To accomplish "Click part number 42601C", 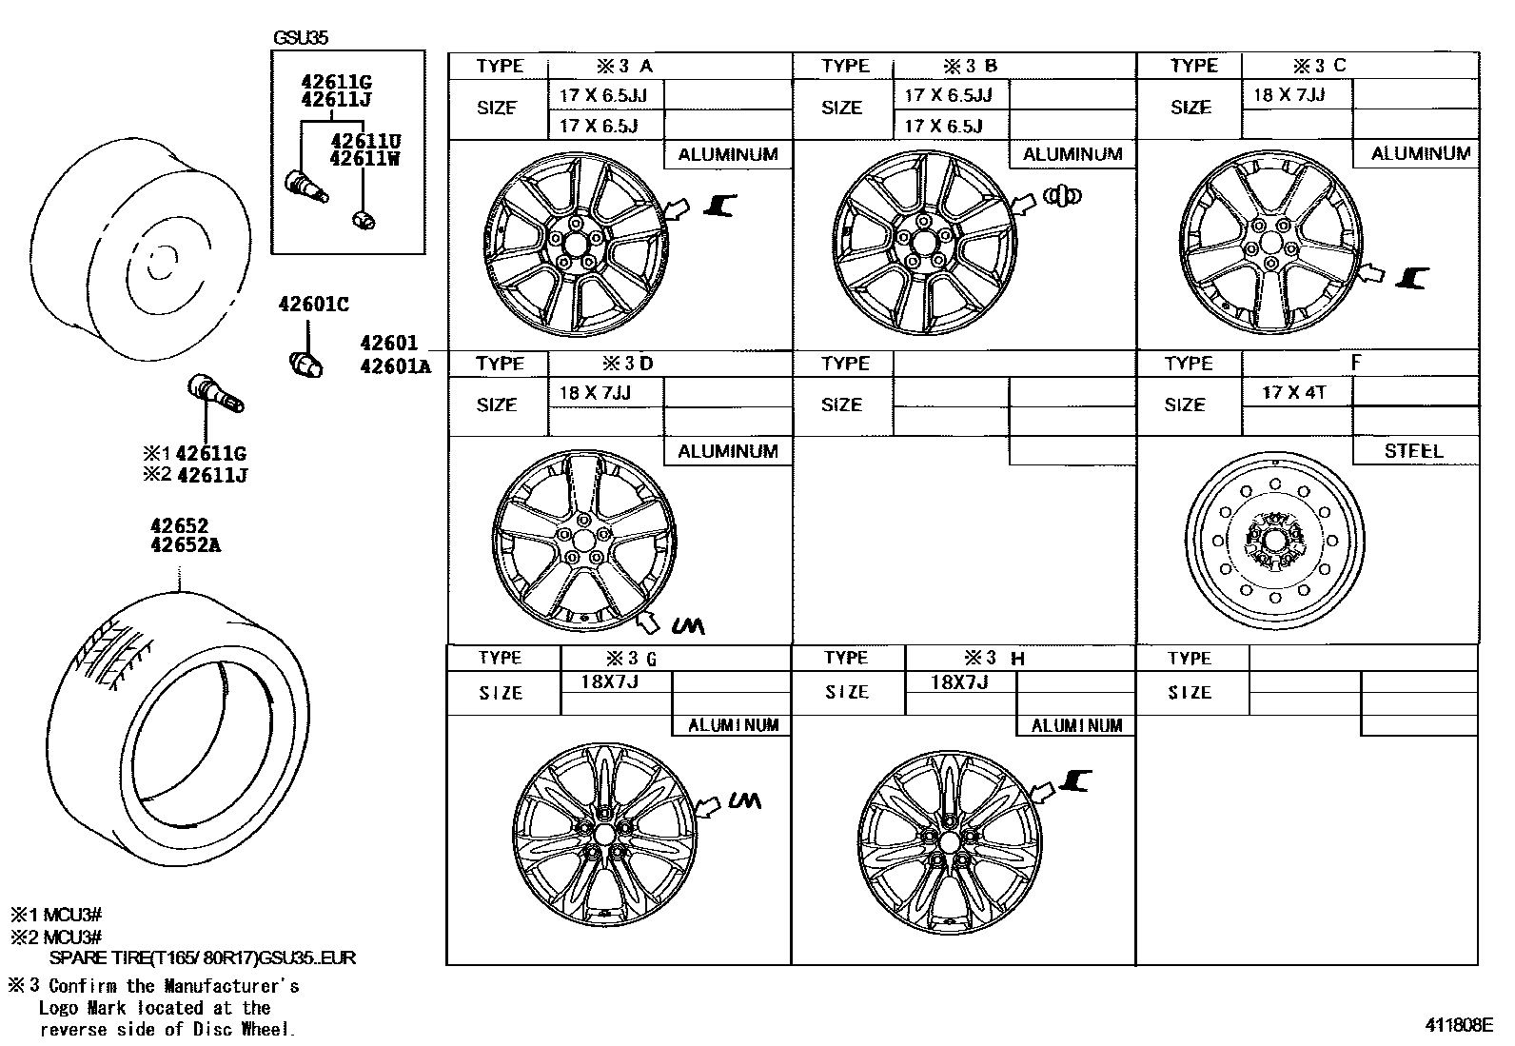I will (313, 305).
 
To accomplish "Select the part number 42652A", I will (185, 545).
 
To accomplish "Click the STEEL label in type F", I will (1413, 451).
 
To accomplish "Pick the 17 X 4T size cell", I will (1294, 392).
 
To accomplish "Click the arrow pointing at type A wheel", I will (678, 208).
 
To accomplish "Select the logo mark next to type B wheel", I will (1063, 196).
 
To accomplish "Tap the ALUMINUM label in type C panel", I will (1420, 153).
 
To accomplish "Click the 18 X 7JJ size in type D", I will (596, 392).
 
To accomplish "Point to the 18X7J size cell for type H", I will (959, 681).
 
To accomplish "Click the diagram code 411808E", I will (1458, 1025).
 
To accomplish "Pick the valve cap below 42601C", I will (306, 364).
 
